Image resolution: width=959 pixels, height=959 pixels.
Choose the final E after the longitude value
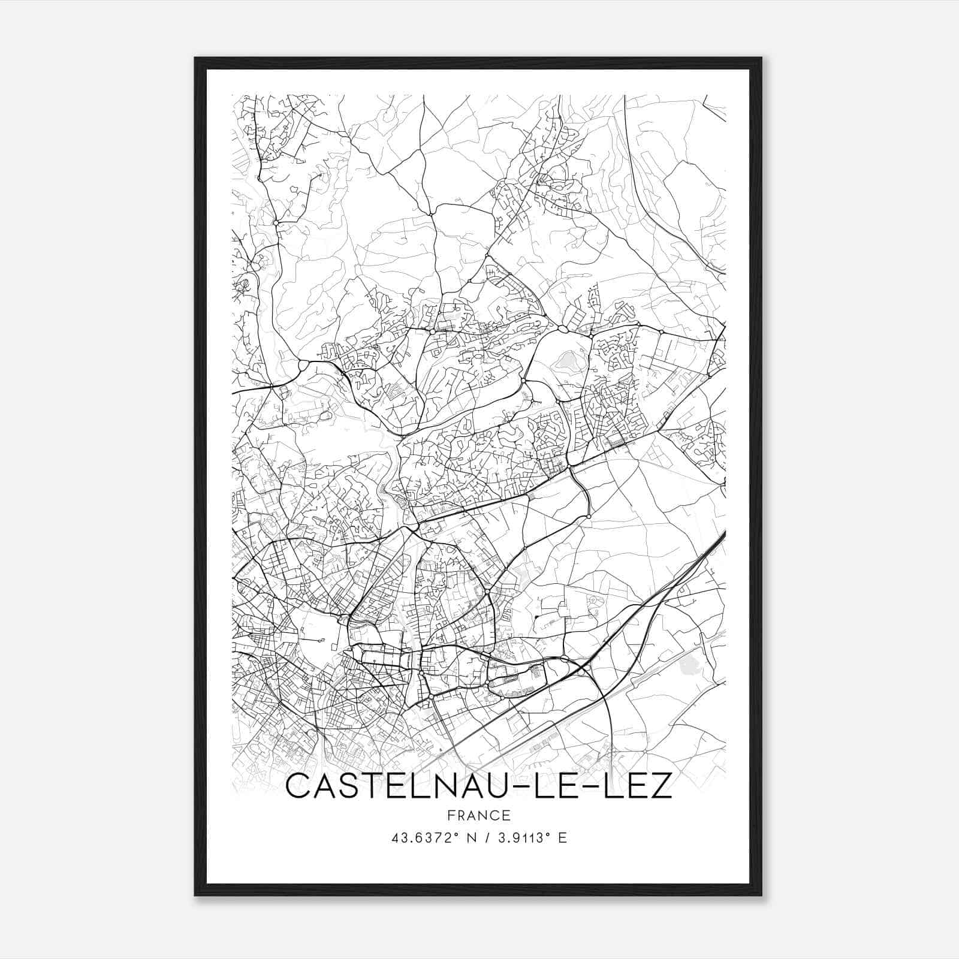click(562, 838)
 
